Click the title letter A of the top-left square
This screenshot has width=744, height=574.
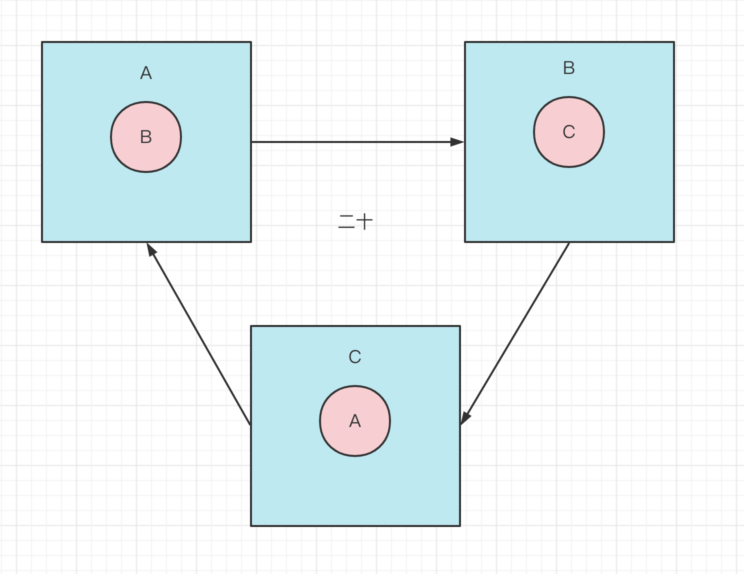146,73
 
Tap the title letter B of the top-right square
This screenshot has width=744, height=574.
568,68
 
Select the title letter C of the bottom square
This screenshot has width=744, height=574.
355,357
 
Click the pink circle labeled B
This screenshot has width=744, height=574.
146,137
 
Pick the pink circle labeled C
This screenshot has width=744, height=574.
569,132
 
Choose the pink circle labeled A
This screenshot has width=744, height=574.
355,421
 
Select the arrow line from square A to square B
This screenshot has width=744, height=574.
350,142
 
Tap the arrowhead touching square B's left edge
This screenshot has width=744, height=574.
457,142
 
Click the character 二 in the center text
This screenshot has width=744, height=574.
346,221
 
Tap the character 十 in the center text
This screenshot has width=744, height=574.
364,221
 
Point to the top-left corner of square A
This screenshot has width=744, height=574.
42,42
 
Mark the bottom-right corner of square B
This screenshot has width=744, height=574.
674,241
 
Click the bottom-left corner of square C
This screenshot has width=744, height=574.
251,525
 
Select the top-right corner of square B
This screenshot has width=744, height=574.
674,42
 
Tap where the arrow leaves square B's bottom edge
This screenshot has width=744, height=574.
569,243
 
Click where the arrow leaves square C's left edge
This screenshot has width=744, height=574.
250,424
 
